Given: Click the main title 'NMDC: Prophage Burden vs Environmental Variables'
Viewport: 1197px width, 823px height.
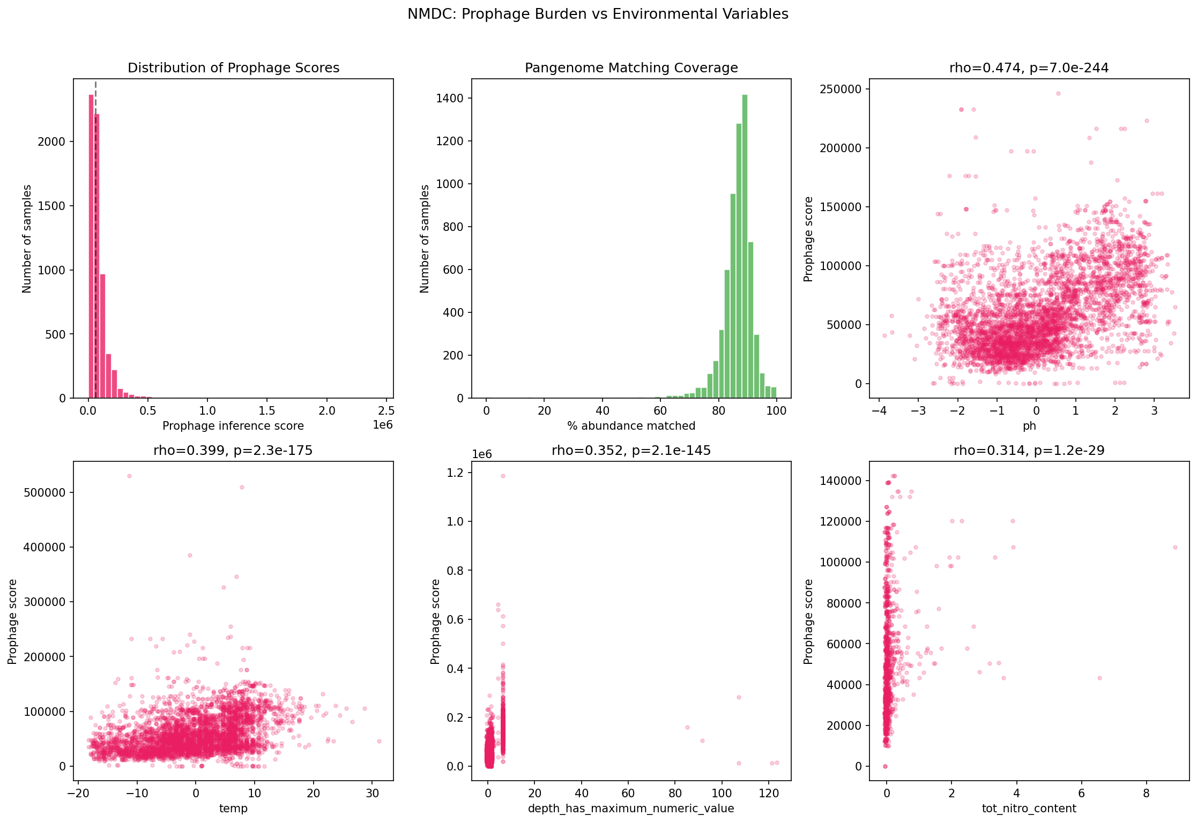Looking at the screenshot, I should (x=598, y=14).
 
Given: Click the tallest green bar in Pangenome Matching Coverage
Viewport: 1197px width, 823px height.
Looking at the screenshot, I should (x=745, y=246).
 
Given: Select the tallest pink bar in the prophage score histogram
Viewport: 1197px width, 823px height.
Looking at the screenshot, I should (x=91, y=246).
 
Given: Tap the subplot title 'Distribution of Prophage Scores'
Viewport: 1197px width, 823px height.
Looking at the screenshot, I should (x=233, y=68).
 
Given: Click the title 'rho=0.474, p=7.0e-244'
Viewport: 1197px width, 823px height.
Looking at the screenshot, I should (x=1029, y=68).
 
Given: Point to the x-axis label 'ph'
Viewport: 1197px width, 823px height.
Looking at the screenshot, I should (x=1029, y=426).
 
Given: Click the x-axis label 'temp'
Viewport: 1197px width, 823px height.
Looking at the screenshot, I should (x=233, y=809).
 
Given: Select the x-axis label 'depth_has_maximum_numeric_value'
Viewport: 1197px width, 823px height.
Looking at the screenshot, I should (x=631, y=809).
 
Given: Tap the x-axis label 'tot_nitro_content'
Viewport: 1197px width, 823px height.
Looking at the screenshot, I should (x=1029, y=809).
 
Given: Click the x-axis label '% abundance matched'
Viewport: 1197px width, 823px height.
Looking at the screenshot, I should (x=631, y=426).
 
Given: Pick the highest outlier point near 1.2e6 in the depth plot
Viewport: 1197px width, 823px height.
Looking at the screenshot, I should (x=503, y=476).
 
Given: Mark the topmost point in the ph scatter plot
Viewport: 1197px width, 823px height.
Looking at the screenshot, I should (x=1058, y=93).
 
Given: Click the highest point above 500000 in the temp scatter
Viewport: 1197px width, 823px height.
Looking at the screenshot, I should (x=129, y=476).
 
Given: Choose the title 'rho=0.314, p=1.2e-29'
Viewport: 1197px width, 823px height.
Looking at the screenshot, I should (x=1029, y=451).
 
